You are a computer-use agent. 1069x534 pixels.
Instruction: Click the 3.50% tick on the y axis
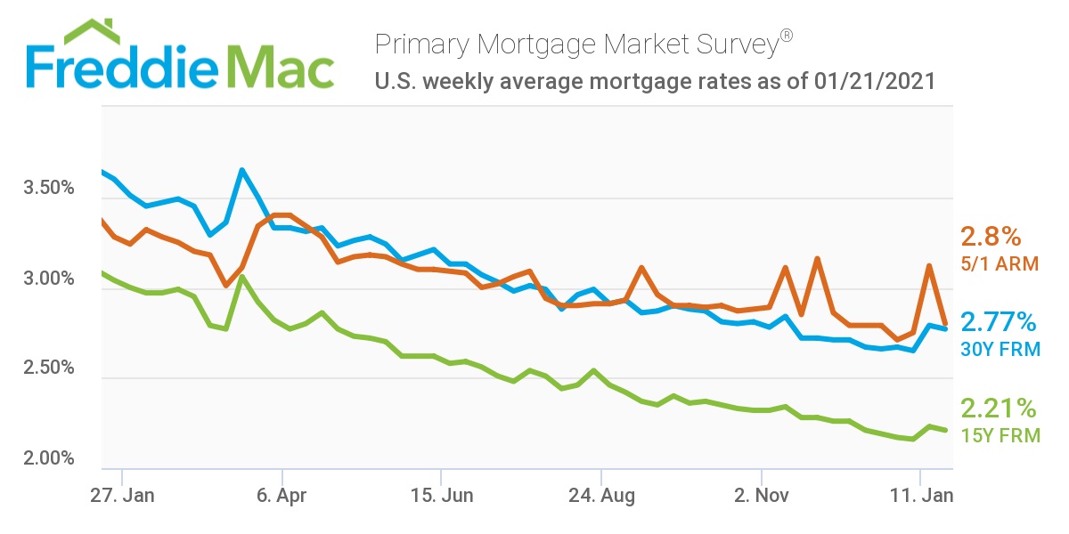click(x=48, y=190)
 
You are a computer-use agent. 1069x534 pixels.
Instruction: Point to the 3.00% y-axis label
click(x=48, y=279)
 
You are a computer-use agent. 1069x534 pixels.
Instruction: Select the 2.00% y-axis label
click(x=48, y=459)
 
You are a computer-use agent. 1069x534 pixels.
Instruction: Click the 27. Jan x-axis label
click(x=123, y=496)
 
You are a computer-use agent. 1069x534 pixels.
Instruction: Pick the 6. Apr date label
click(x=282, y=496)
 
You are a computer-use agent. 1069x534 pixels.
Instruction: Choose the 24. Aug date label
click(x=601, y=496)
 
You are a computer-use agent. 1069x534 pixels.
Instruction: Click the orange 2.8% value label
click(x=991, y=238)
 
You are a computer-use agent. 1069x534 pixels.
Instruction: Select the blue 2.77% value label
click(x=999, y=321)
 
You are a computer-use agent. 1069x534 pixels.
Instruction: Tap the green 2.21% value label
click(x=999, y=409)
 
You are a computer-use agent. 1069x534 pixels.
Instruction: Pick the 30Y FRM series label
click(x=1000, y=349)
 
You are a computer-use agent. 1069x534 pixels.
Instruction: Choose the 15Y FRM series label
click(x=1000, y=436)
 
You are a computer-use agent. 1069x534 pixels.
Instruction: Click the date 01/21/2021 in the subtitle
click(x=874, y=82)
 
